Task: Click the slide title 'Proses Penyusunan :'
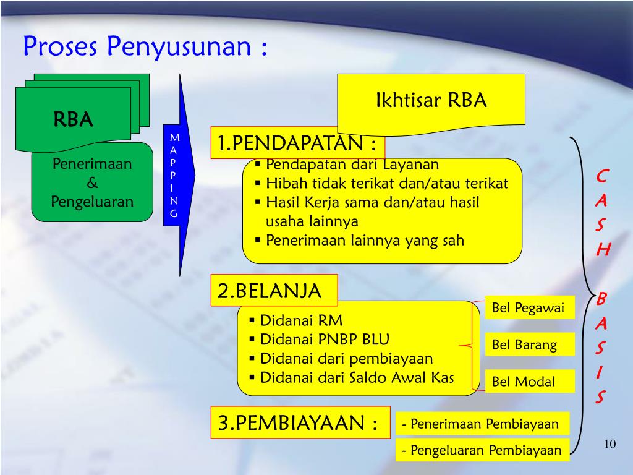146,47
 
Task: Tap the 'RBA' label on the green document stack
73,119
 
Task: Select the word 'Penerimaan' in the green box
92,165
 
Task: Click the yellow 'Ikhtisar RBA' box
431,100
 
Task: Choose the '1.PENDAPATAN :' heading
297,144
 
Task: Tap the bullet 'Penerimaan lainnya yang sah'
364,241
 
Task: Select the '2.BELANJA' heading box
274,291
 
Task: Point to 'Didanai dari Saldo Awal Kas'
357,377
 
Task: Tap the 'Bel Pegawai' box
528,308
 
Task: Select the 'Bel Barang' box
524,344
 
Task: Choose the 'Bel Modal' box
523,382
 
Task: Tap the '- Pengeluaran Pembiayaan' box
482,450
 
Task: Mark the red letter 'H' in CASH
603,249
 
